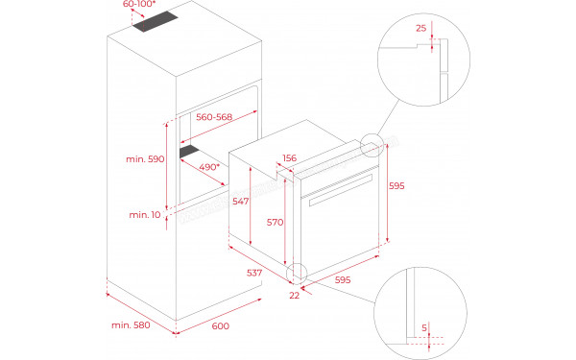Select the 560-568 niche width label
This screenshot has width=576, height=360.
pyautogui.click(x=214, y=116)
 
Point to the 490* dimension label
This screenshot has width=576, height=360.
pyautogui.click(x=209, y=166)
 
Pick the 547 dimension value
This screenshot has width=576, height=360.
pyautogui.click(x=241, y=203)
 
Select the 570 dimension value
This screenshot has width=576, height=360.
pyautogui.click(x=275, y=222)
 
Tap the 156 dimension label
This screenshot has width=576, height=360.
pyautogui.click(x=288, y=159)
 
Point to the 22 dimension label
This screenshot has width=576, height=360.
pyautogui.click(x=294, y=295)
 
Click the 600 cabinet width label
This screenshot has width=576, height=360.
pyautogui.click(x=220, y=327)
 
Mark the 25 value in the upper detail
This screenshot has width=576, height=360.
pyautogui.click(x=420, y=29)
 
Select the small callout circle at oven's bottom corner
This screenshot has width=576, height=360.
pyautogui.click(x=299, y=274)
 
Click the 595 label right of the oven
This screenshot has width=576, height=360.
pyautogui.click(x=396, y=186)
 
